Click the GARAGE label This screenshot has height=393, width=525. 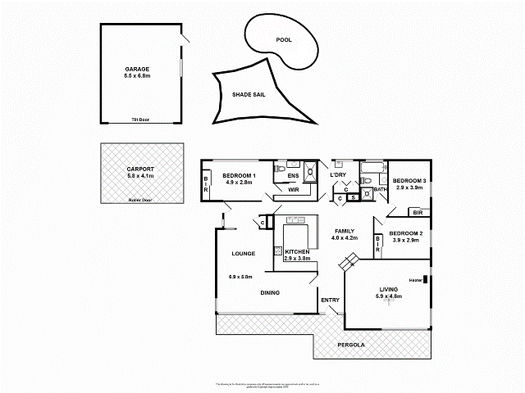point(137,69)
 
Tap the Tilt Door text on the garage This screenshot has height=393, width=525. point(140,120)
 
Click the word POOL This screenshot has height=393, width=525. point(284,39)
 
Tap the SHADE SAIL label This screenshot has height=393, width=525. point(249,94)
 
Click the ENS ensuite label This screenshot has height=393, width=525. point(293,175)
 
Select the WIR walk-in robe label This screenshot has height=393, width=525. point(293,190)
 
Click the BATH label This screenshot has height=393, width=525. point(381,190)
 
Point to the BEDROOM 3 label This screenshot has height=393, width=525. point(409,180)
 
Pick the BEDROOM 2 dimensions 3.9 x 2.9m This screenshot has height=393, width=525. point(405,241)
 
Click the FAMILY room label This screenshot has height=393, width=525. point(344,231)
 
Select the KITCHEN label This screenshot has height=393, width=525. point(296,251)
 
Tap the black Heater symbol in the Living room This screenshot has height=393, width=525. point(425,280)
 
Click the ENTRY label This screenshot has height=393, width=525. point(331,300)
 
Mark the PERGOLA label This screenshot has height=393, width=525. point(351,345)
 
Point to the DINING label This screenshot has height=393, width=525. point(271,292)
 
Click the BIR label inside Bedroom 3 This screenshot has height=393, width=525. point(418,212)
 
